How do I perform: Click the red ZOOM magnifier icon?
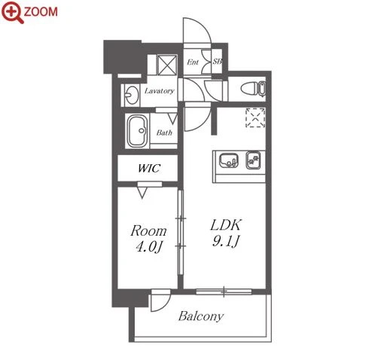click(12, 12)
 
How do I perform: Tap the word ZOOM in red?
click(41, 11)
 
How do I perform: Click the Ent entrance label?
click(193, 62)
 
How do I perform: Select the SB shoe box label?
click(218, 61)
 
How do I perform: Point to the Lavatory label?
click(160, 91)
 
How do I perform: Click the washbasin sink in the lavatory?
click(132, 95)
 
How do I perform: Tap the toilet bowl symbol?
click(253, 88)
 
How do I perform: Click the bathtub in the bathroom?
click(137, 131)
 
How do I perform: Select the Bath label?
click(164, 133)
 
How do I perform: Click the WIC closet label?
click(149, 168)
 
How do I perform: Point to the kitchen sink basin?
click(228, 160)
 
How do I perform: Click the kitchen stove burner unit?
click(254, 160)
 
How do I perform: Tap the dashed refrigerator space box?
click(255, 117)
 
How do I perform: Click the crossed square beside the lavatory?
click(167, 65)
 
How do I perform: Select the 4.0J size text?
click(148, 247)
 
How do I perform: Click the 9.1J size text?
click(226, 241)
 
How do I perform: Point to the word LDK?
click(226, 225)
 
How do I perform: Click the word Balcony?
click(201, 316)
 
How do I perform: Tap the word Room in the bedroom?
click(148, 231)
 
